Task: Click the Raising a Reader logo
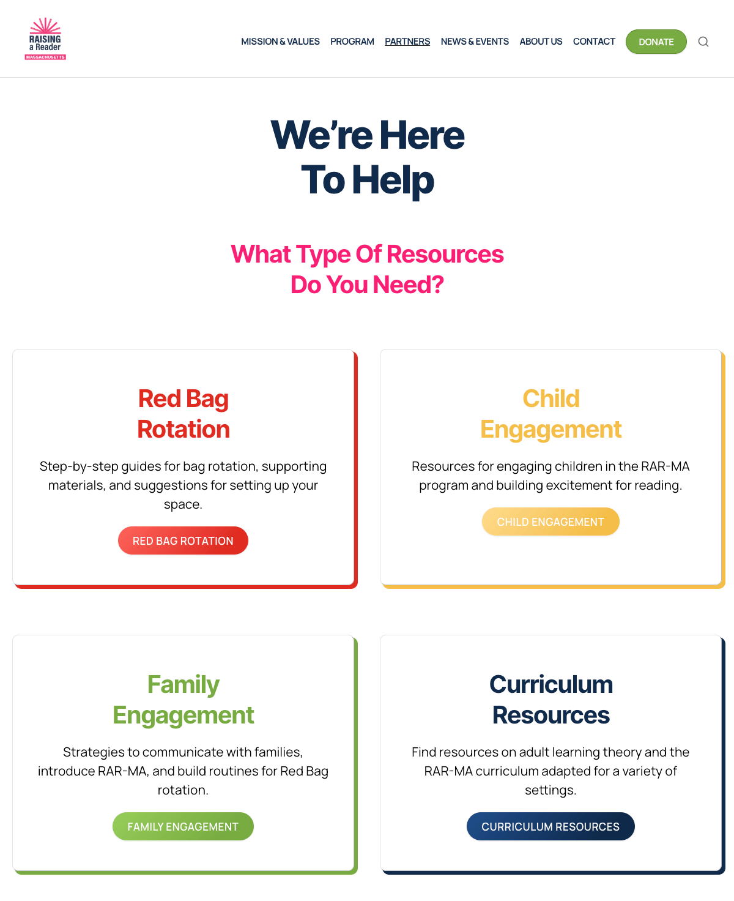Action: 45,39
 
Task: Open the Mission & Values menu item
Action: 280,42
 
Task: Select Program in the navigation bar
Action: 352,42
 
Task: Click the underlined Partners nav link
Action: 407,42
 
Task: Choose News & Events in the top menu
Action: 475,42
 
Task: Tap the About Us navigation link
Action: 541,42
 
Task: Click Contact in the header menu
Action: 593,42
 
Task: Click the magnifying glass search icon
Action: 703,42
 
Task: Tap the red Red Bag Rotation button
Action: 183,540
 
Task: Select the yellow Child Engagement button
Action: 550,522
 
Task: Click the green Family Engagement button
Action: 183,826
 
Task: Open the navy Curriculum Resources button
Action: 550,826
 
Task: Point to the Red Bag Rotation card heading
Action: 183,414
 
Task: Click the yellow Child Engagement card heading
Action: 550,414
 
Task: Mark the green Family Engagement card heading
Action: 183,700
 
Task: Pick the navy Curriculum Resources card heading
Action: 550,700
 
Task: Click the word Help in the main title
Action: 393,181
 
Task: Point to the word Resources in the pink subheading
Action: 445,254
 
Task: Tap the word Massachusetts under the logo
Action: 45,57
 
